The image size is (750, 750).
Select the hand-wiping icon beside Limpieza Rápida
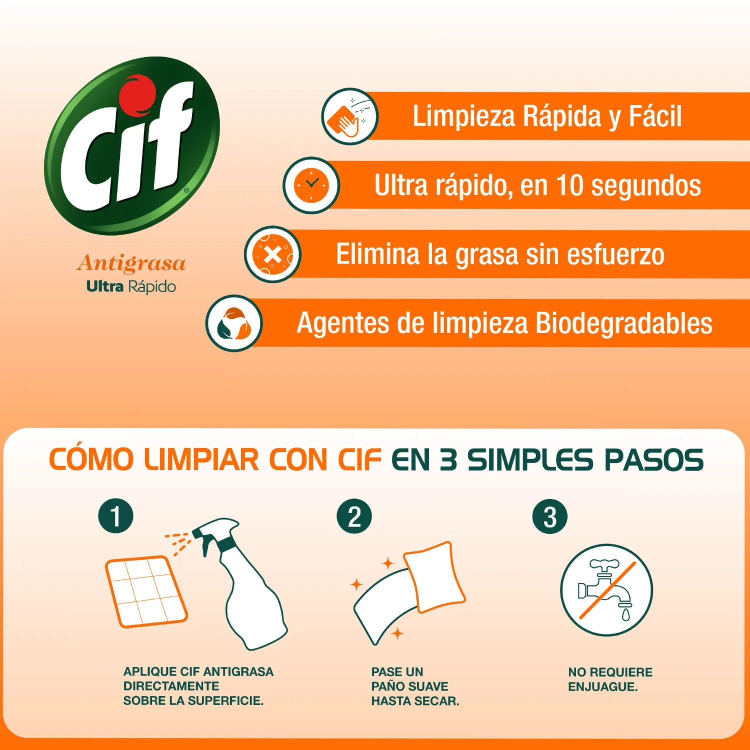coord(349,116)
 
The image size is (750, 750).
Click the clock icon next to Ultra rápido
coord(311,185)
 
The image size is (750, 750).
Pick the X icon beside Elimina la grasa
coord(272,254)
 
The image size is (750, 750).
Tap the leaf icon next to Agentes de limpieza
coord(234,323)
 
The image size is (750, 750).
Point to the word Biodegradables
coord(624,323)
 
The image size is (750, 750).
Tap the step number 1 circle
coord(116,516)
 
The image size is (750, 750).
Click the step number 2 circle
coord(354,516)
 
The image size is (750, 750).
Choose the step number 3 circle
coord(550,516)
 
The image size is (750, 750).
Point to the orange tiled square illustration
coord(146,591)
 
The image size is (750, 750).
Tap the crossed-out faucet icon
coord(606,590)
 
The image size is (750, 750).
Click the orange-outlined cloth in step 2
coord(434,577)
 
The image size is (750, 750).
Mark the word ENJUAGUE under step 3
coord(602,687)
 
